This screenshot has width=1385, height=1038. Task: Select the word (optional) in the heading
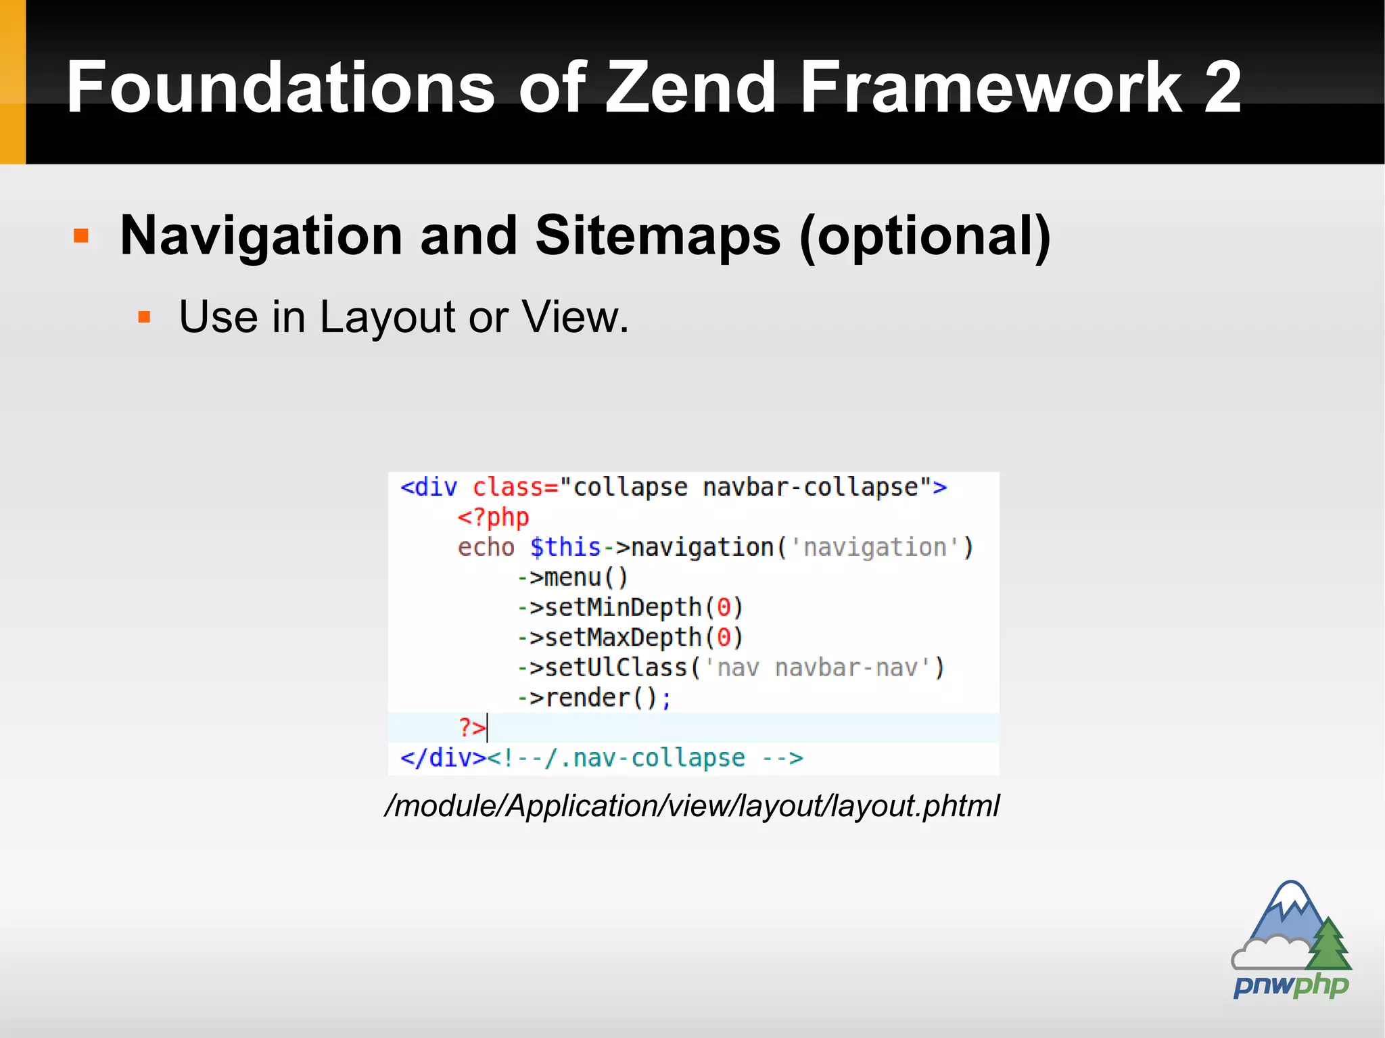(x=924, y=237)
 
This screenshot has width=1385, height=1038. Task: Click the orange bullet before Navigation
(x=81, y=235)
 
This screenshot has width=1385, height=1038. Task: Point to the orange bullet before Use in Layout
(x=143, y=316)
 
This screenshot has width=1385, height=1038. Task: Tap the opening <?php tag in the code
(x=493, y=517)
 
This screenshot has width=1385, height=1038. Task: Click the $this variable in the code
(x=565, y=547)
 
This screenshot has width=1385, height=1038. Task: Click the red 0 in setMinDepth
(x=724, y=607)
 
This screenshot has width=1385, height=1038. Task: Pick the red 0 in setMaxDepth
(x=724, y=638)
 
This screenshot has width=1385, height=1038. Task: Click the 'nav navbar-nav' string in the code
(x=824, y=668)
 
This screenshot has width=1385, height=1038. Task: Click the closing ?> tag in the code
(x=472, y=728)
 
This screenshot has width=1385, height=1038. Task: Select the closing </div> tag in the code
(x=443, y=758)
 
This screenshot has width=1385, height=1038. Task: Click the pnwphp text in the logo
(x=1290, y=985)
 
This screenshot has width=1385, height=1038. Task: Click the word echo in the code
(x=486, y=547)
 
